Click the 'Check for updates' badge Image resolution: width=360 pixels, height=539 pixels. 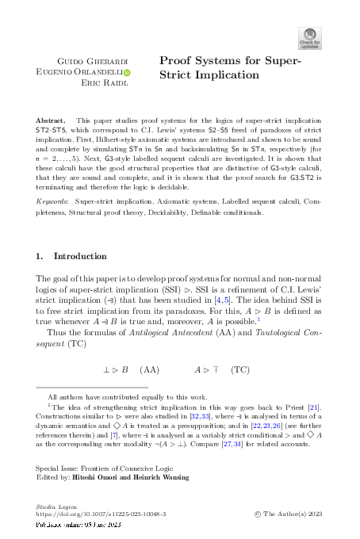click(x=310, y=38)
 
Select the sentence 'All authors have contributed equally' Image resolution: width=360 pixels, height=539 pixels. click(x=128, y=396)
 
